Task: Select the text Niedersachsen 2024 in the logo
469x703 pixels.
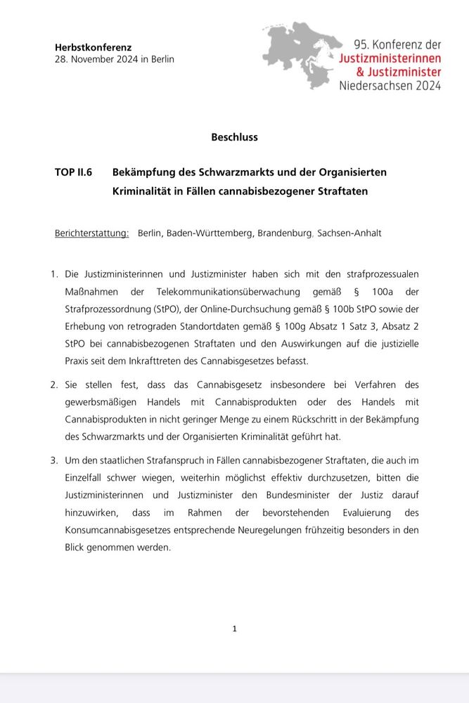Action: [390, 86]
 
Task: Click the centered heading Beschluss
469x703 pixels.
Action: [234, 137]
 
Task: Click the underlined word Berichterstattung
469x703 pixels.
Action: [91, 233]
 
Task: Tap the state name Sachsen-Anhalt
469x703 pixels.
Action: [349, 233]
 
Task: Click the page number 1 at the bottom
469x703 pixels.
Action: [234, 629]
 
